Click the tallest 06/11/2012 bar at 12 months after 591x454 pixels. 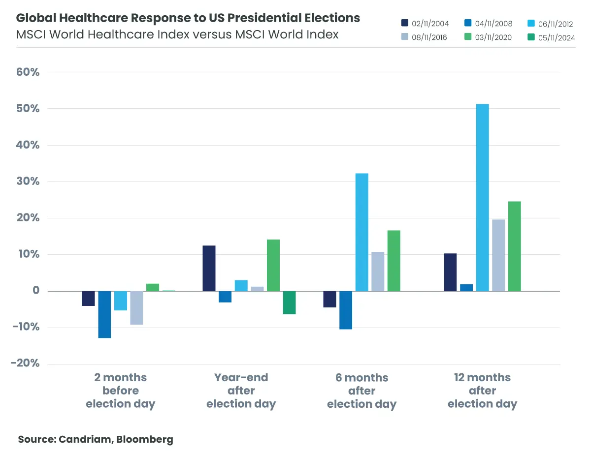click(482, 197)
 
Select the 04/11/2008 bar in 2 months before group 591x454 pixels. click(104, 314)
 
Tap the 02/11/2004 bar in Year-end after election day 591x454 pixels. click(209, 268)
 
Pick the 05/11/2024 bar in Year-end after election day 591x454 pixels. click(289, 303)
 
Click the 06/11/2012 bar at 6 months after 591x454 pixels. click(361, 232)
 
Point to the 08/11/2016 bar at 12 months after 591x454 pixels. click(498, 255)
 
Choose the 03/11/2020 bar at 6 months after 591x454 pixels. click(394, 260)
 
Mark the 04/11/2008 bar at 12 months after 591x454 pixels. click(466, 288)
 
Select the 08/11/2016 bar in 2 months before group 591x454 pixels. click(136, 308)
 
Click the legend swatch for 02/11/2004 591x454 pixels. click(405, 23)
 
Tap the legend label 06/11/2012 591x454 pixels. click(556, 23)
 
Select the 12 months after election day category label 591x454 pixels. click(482, 391)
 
